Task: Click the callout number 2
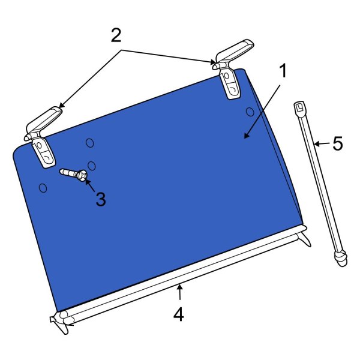[116, 35]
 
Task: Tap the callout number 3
[101, 199]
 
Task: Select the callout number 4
[178, 314]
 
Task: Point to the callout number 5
[338, 143]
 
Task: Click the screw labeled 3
[73, 175]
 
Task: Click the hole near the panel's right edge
[250, 112]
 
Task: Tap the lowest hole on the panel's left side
[43, 188]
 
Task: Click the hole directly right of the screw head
[92, 166]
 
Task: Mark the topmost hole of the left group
[90, 143]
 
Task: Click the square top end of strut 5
[300, 107]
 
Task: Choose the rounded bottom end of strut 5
[341, 258]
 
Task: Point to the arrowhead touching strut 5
[317, 144]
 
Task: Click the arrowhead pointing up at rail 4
[180, 287]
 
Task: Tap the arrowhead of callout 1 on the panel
[247, 136]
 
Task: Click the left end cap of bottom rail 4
[60, 320]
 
